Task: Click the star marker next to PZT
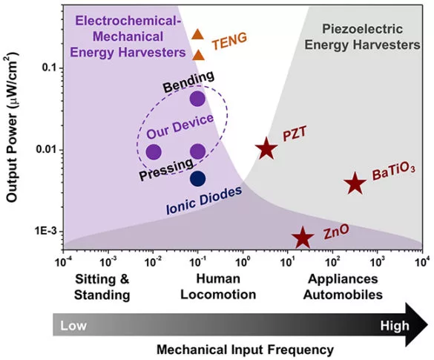266,149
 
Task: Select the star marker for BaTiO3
355,183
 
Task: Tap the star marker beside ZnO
302,238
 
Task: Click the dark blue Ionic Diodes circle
197,178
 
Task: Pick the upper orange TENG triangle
197,33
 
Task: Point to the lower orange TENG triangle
198,54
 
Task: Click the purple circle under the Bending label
197,98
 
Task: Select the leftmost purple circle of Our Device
154,152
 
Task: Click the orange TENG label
229,41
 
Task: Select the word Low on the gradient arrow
74,325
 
